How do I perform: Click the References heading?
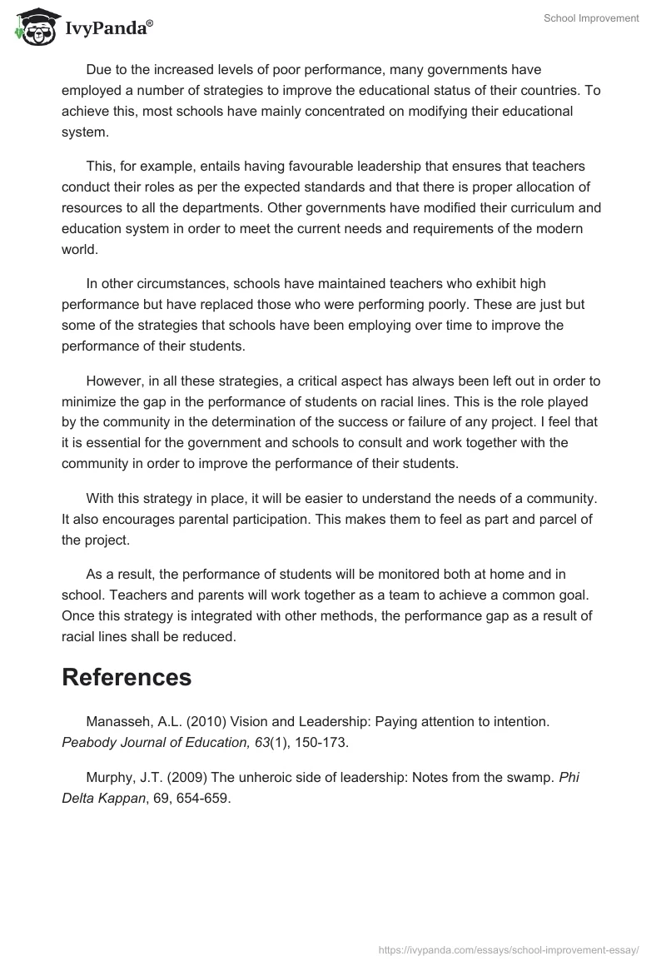(127, 677)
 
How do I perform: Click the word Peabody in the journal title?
(90, 740)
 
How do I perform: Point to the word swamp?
(529, 777)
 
